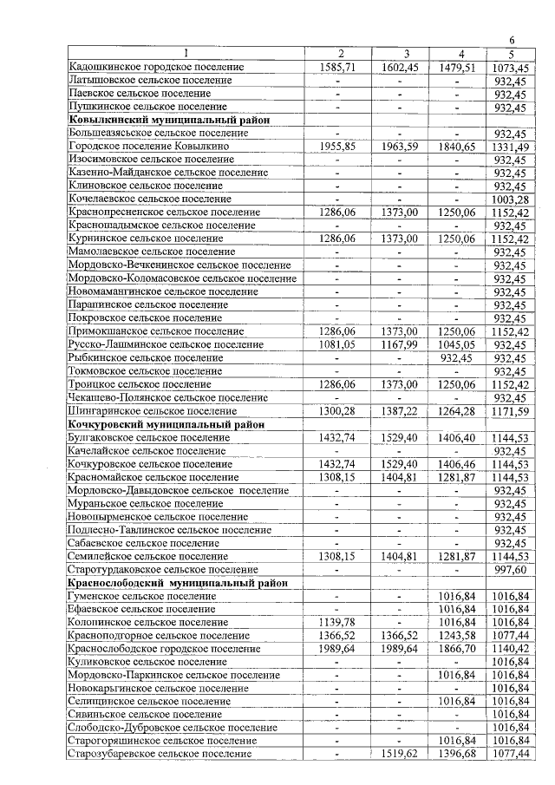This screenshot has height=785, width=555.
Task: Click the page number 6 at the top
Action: tap(513, 41)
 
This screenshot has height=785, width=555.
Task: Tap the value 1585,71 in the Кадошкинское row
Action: tap(341, 67)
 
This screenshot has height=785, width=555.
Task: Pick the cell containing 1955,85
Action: tap(341, 147)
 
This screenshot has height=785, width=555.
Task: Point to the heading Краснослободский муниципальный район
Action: tap(177, 583)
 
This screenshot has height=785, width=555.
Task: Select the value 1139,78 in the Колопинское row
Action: tap(341, 622)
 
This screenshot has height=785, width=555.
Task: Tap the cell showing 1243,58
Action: tap(460, 635)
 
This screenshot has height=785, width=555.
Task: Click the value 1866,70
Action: tap(460, 649)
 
